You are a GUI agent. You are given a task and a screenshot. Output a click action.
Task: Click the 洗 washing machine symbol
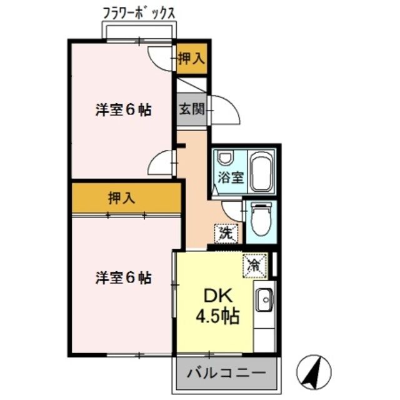(226, 233)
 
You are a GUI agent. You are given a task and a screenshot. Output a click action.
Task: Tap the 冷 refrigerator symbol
(255, 265)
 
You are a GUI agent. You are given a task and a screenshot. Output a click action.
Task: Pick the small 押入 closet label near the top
(191, 59)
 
